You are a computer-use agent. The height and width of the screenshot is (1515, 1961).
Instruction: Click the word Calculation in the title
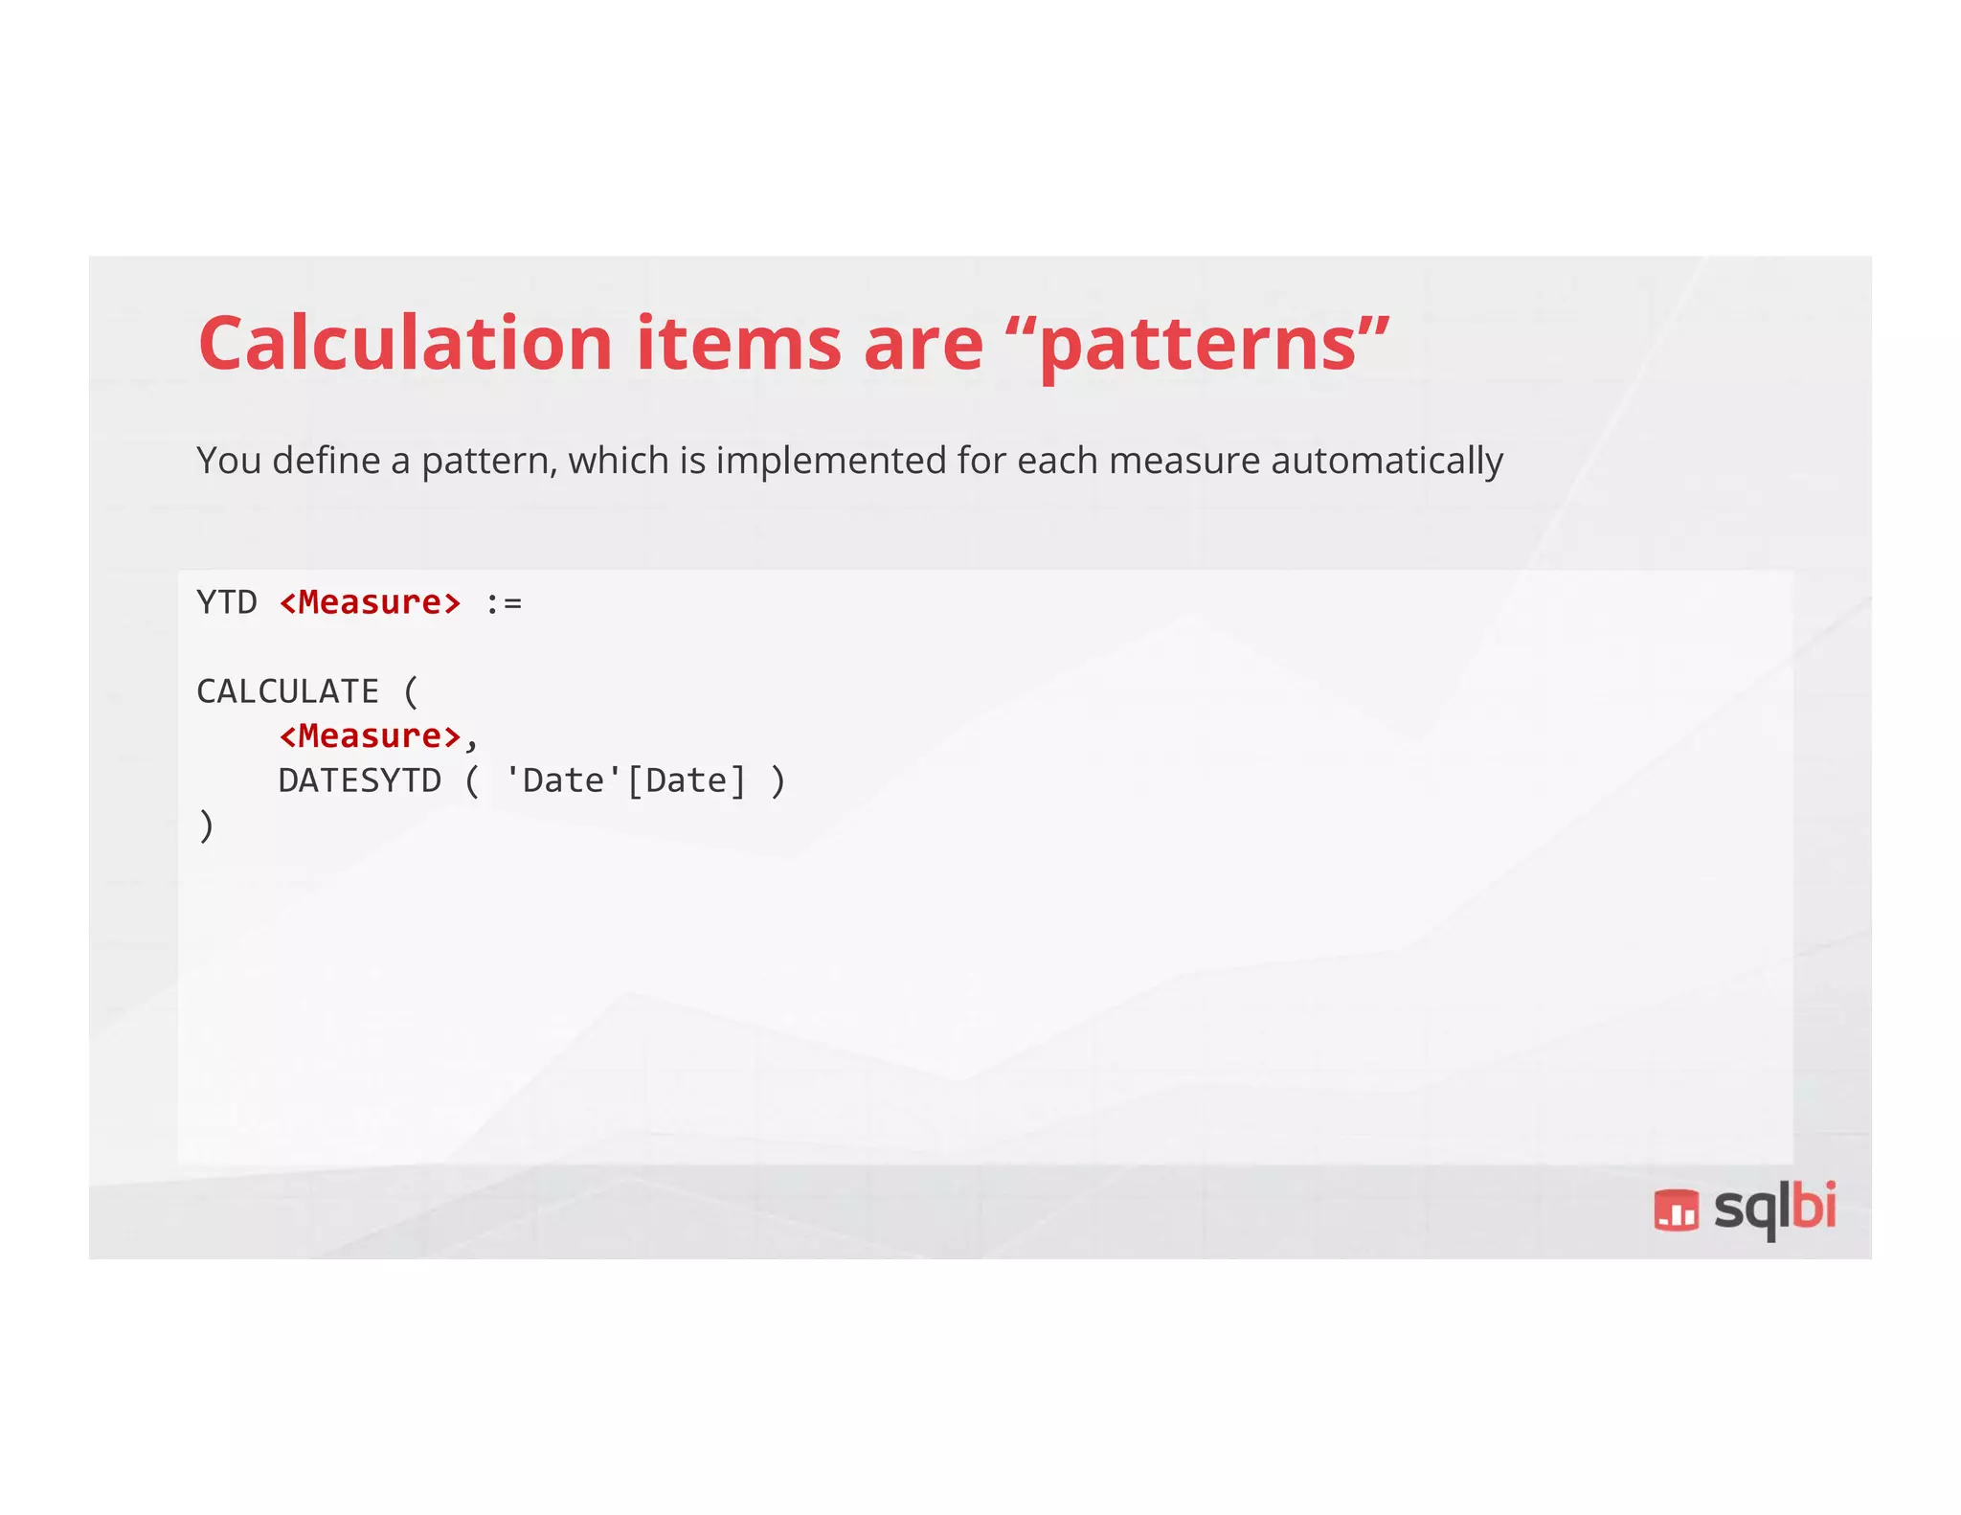coord(405,343)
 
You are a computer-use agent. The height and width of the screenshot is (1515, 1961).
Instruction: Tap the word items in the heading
coord(739,343)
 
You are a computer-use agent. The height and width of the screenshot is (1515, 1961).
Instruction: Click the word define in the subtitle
coord(327,461)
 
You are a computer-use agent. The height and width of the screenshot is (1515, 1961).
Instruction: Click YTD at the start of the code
coord(227,602)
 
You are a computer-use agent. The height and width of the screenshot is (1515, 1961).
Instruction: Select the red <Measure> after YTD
coord(371,602)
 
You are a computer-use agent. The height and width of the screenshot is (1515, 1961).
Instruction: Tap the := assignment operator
coord(504,603)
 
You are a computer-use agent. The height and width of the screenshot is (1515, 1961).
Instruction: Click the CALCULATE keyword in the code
coord(287,691)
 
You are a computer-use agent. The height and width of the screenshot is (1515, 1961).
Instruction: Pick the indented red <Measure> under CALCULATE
coord(371,736)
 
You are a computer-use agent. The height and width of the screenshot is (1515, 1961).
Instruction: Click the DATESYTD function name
coord(360,780)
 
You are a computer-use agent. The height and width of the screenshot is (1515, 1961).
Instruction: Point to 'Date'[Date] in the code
coord(625,780)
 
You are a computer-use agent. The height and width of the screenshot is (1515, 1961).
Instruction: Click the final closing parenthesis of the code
coord(206,825)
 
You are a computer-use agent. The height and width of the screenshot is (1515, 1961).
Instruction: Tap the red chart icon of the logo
coord(1676,1210)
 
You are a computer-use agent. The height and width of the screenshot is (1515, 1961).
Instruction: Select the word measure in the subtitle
coord(1183,461)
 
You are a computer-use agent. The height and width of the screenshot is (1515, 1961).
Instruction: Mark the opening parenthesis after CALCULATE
coord(412,691)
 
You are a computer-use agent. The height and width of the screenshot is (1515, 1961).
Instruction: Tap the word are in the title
coord(923,343)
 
